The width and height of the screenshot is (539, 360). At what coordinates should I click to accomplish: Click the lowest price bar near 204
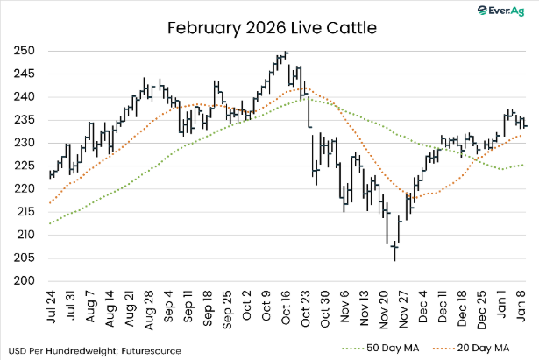[394, 254]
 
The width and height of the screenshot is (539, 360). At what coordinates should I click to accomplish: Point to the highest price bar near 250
[286, 54]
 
